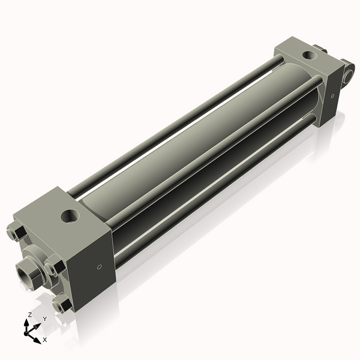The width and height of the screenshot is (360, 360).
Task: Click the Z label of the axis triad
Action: [x=29, y=315]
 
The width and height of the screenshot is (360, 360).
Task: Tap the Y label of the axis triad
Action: [x=45, y=319]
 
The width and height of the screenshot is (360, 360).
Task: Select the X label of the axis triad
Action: [x=45, y=340]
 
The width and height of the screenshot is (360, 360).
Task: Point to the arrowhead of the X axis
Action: [x=37, y=340]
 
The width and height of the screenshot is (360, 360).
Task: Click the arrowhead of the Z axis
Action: [x=26, y=323]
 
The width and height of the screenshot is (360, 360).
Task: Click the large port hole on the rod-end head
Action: [x=70, y=217]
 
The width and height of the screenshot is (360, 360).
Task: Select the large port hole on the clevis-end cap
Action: [x=310, y=55]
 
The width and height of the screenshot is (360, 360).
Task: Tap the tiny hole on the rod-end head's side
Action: [x=100, y=267]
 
